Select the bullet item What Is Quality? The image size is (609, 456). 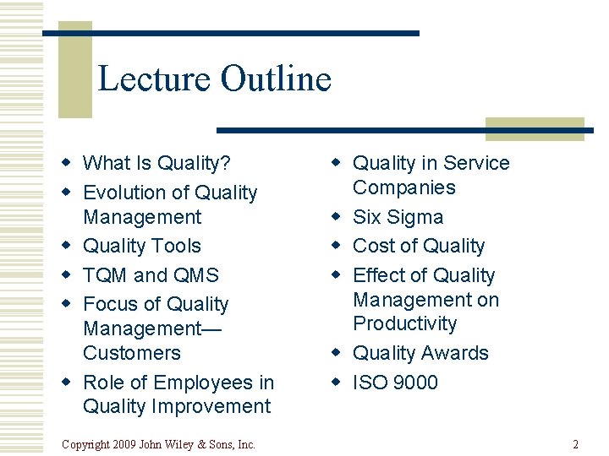(x=156, y=163)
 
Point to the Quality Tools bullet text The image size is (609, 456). (x=141, y=246)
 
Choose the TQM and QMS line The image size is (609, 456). (x=151, y=275)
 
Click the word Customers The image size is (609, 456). (x=131, y=353)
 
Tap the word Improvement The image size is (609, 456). (x=211, y=406)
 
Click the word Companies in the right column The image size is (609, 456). (x=403, y=187)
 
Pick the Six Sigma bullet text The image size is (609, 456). (x=398, y=217)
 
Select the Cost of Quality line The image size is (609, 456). (x=419, y=246)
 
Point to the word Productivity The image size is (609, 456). (x=404, y=323)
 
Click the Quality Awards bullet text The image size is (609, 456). (x=420, y=353)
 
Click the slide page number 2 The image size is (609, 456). (x=575, y=444)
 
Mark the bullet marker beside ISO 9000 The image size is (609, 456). (x=336, y=383)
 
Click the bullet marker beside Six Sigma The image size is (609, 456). (x=336, y=217)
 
